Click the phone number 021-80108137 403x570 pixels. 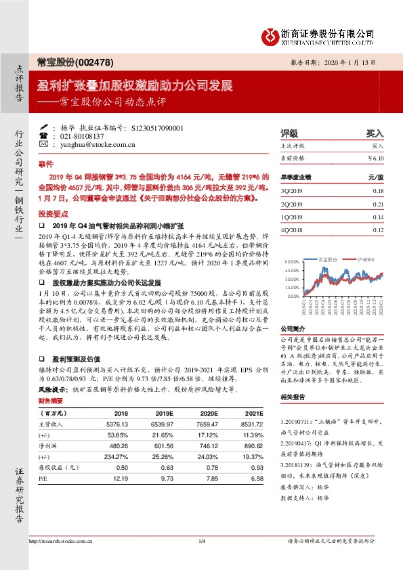click(87, 135)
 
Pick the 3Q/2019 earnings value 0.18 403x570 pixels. click(377, 192)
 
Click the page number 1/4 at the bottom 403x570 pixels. click(201, 560)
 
